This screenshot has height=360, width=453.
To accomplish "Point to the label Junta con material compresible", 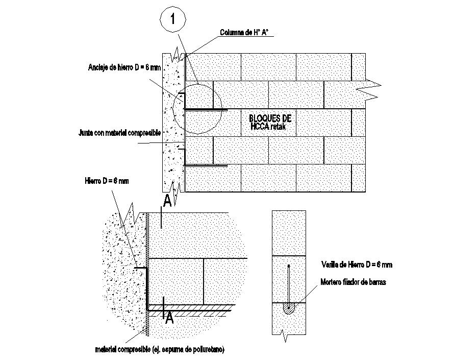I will click(120, 133).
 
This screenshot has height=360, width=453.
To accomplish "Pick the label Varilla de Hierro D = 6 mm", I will click(357, 265).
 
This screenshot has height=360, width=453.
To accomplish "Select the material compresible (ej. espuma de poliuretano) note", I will click(160, 350).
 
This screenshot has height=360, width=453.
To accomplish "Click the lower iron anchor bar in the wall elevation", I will click(206, 165).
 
